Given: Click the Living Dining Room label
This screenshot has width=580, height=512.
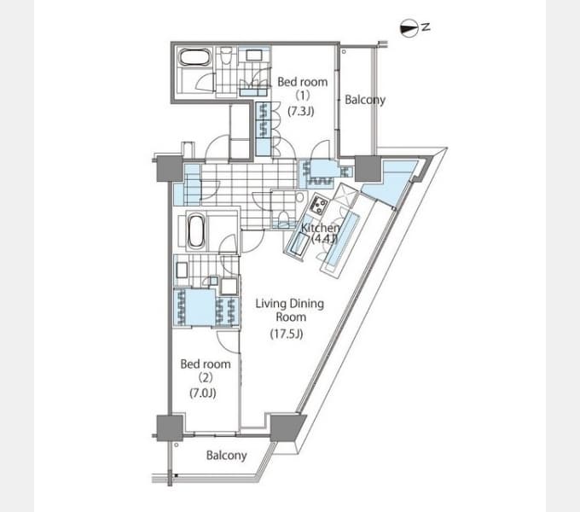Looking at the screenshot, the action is [x=290, y=310].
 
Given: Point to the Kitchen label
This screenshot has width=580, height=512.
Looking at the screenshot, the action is [x=320, y=228].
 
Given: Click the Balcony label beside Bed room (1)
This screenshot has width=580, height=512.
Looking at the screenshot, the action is [x=365, y=100].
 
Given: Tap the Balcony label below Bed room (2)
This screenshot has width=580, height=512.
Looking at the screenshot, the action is [x=226, y=455].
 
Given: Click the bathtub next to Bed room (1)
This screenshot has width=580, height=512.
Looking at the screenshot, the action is [x=195, y=58].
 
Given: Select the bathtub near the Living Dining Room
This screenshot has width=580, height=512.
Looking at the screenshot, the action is [x=195, y=232].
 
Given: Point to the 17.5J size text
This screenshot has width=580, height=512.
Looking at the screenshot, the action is [x=287, y=334].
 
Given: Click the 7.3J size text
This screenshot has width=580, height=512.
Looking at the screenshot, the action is [x=301, y=111].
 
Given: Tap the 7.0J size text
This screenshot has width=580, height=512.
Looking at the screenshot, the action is [x=203, y=393].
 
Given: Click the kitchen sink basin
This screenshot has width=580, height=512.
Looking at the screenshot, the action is [x=299, y=245].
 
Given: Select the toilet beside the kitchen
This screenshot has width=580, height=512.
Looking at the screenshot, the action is [x=284, y=218].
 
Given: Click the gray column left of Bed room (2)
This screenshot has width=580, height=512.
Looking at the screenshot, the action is [x=170, y=428].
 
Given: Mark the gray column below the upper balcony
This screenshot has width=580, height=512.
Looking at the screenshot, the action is [x=368, y=169].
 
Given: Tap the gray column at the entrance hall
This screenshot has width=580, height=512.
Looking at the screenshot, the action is [x=170, y=169].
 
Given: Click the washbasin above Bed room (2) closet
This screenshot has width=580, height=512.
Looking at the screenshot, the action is [x=182, y=270].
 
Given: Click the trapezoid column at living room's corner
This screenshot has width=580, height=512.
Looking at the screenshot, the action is [x=287, y=428].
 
